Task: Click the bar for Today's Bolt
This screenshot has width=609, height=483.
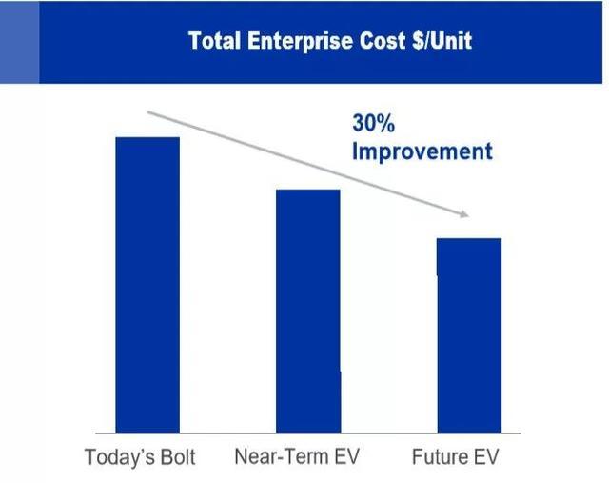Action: (x=147, y=285)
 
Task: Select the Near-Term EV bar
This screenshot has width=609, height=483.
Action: (x=308, y=312)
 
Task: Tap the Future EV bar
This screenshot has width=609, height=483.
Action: (x=469, y=335)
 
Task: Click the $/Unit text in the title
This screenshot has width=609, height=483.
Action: (x=442, y=41)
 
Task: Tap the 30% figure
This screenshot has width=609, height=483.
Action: (x=373, y=123)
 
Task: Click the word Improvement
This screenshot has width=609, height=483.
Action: (x=422, y=151)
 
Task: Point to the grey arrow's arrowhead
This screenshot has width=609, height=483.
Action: (x=465, y=214)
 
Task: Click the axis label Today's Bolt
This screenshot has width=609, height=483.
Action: (x=140, y=456)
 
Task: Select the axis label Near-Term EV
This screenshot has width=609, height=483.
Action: (x=297, y=456)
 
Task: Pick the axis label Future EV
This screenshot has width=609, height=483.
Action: (x=455, y=456)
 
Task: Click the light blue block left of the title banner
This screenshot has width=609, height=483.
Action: (x=19, y=42)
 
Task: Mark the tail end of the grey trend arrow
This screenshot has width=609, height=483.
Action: (x=147, y=112)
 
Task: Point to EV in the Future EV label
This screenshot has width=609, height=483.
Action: (x=484, y=456)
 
